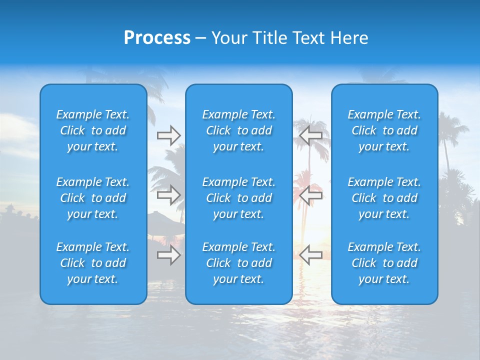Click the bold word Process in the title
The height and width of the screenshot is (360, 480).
(157, 38)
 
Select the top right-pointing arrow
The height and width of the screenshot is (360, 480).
(168, 135)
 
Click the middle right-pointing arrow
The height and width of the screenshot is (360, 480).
(168, 195)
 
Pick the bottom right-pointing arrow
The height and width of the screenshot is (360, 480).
(168, 255)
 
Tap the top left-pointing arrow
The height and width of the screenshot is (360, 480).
(311, 135)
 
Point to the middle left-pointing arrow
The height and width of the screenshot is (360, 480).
(311, 195)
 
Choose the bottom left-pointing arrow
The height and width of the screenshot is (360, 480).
(311, 255)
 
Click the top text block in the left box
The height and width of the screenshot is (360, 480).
(93, 130)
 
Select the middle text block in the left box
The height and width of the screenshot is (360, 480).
(93, 198)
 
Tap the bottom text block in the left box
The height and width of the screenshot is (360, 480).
(93, 263)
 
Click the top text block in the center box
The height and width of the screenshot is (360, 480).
(238, 130)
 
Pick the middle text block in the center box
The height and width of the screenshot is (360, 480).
(238, 198)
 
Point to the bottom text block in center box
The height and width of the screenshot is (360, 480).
(238, 263)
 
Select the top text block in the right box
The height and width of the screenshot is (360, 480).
(384, 130)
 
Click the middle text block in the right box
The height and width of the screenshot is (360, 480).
(384, 198)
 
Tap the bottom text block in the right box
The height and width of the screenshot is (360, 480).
(384, 263)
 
